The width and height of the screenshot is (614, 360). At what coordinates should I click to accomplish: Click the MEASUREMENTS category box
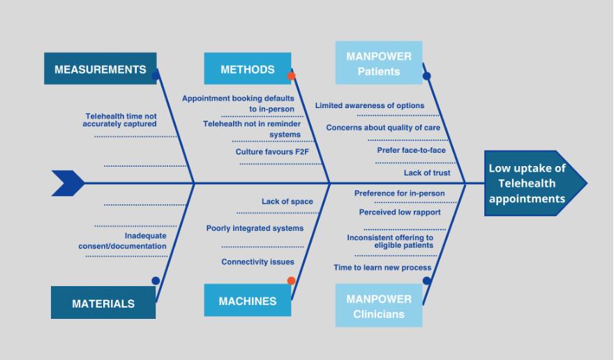[x=100, y=68]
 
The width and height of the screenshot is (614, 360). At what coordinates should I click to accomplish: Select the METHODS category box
[x=248, y=68]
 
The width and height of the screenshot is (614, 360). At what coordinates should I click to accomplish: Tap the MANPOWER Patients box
[x=379, y=63]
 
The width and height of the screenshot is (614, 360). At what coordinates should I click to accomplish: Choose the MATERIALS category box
[x=103, y=302]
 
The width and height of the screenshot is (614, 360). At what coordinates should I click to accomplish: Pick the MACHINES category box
[x=248, y=300]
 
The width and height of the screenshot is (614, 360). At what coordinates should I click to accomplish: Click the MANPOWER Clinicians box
[x=379, y=306]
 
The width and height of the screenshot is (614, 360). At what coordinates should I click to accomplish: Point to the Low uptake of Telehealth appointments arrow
[x=535, y=183]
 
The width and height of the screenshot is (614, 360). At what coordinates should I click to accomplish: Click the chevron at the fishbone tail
[x=68, y=183]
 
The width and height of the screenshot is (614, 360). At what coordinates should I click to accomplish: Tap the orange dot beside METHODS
[x=292, y=76]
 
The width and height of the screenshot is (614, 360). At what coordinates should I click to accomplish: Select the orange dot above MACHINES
[x=292, y=280]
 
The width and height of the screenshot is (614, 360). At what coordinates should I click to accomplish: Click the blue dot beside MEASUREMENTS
[x=156, y=76]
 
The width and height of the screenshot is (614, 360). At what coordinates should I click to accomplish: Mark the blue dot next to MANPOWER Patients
[x=427, y=76]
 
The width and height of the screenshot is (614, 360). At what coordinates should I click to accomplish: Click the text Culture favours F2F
[x=272, y=151]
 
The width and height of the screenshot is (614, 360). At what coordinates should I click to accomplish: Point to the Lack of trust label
[x=427, y=173]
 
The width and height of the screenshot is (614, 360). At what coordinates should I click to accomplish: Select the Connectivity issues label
[x=257, y=262]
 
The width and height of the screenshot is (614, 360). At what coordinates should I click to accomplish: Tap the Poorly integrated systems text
[x=255, y=228]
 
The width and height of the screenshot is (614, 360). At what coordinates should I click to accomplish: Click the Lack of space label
[x=287, y=202]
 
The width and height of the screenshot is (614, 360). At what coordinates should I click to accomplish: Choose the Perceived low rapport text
[x=400, y=212]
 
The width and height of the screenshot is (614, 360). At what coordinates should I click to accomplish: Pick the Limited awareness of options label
[x=370, y=105]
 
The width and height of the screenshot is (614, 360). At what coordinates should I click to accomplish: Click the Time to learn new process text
[x=382, y=267]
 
